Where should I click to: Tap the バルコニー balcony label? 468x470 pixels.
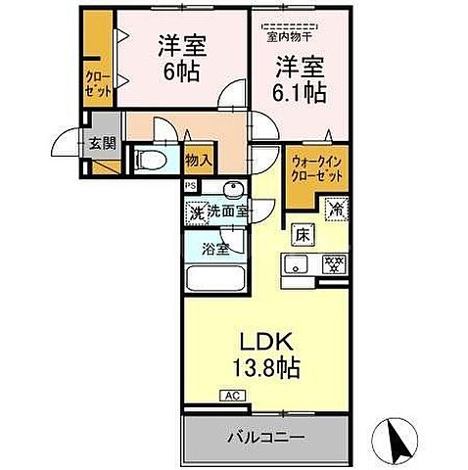[x=265, y=437]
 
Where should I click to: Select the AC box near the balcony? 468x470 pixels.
[x=231, y=397]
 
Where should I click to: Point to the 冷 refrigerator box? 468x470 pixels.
[x=336, y=208]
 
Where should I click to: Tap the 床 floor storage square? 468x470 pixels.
[x=303, y=235]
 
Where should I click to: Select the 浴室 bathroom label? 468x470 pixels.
[x=216, y=249]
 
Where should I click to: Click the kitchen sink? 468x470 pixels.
[x=296, y=262]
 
